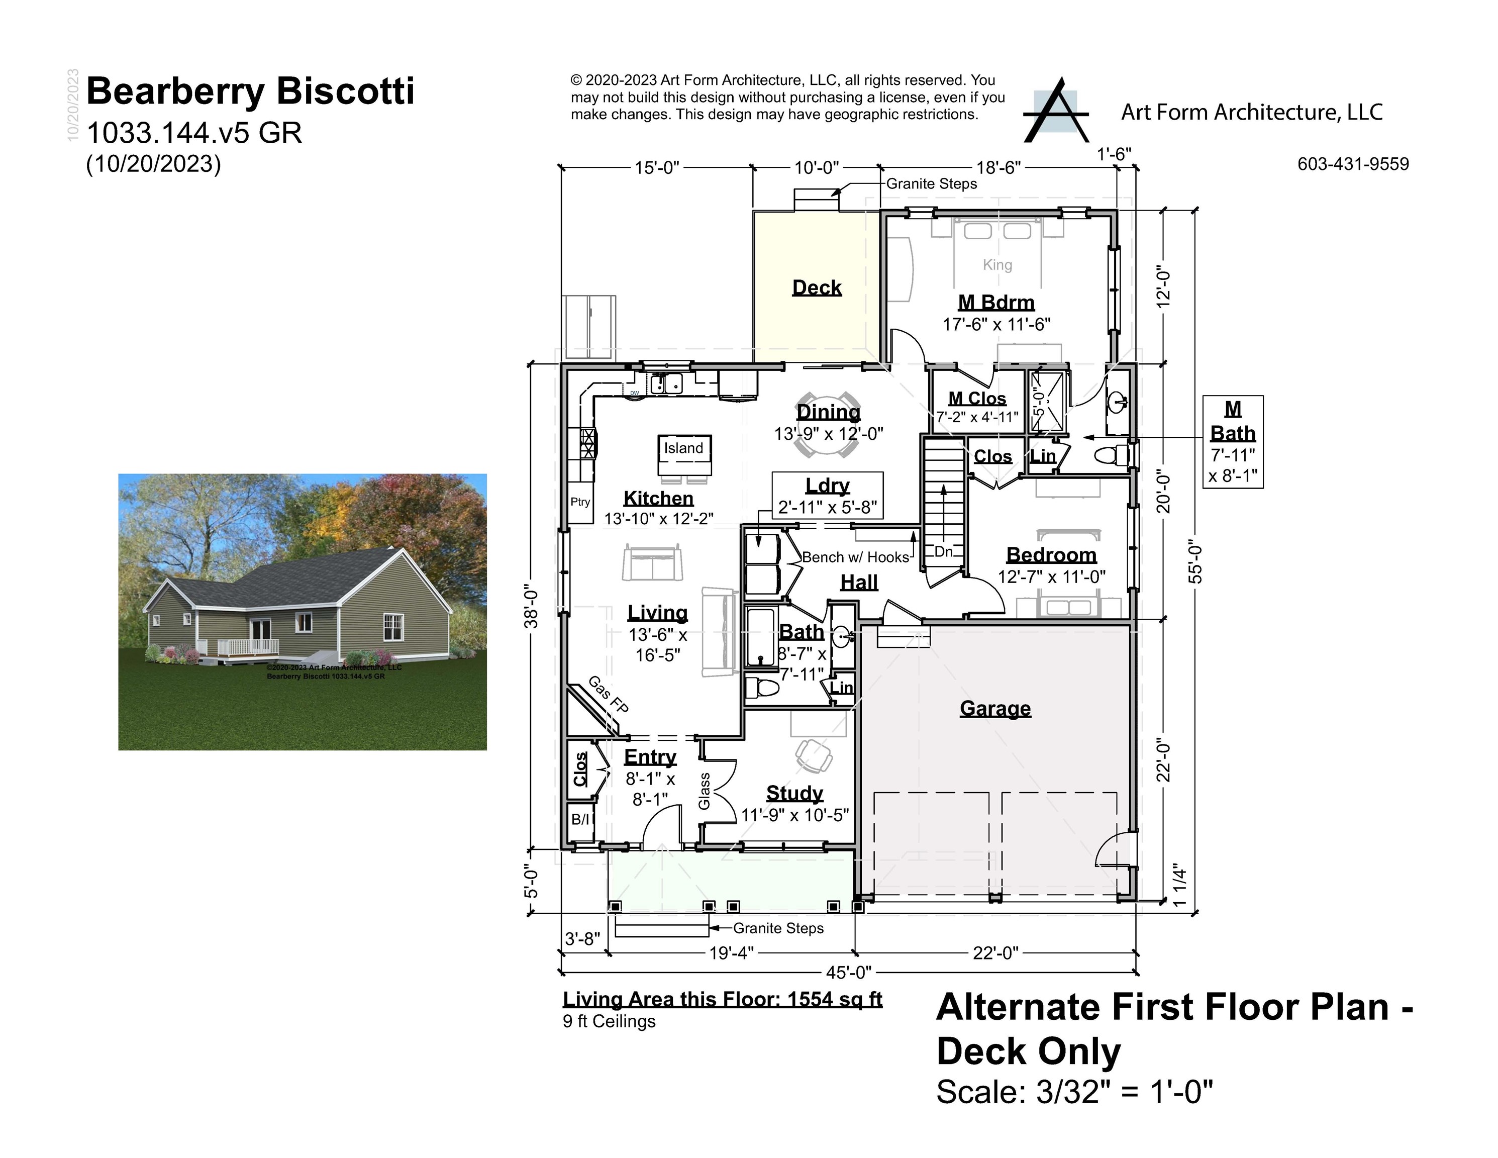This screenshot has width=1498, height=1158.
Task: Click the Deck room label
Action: pos(816,287)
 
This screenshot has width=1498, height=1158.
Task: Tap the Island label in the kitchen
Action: pos(683,448)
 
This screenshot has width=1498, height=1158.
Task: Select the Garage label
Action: pos(994,708)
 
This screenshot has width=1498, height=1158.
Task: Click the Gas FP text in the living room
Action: pos(608,694)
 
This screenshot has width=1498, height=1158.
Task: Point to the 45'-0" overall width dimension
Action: pos(848,972)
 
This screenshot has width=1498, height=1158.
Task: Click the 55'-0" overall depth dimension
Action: pos(1195,562)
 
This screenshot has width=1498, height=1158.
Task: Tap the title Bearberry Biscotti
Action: pos(250,91)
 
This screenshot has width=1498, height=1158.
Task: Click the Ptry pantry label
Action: pos(580,502)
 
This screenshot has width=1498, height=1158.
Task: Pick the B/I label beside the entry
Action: pos(580,819)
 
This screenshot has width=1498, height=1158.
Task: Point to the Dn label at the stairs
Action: pos(943,551)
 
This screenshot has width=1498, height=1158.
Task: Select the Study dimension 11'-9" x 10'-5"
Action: pos(795,815)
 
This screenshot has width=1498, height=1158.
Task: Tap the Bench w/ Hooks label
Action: pos(855,557)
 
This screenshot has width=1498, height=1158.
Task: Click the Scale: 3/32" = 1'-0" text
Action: pos(1074,1092)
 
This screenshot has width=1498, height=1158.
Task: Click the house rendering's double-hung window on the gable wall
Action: pos(392,627)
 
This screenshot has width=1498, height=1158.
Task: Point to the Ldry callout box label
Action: pos(827,486)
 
